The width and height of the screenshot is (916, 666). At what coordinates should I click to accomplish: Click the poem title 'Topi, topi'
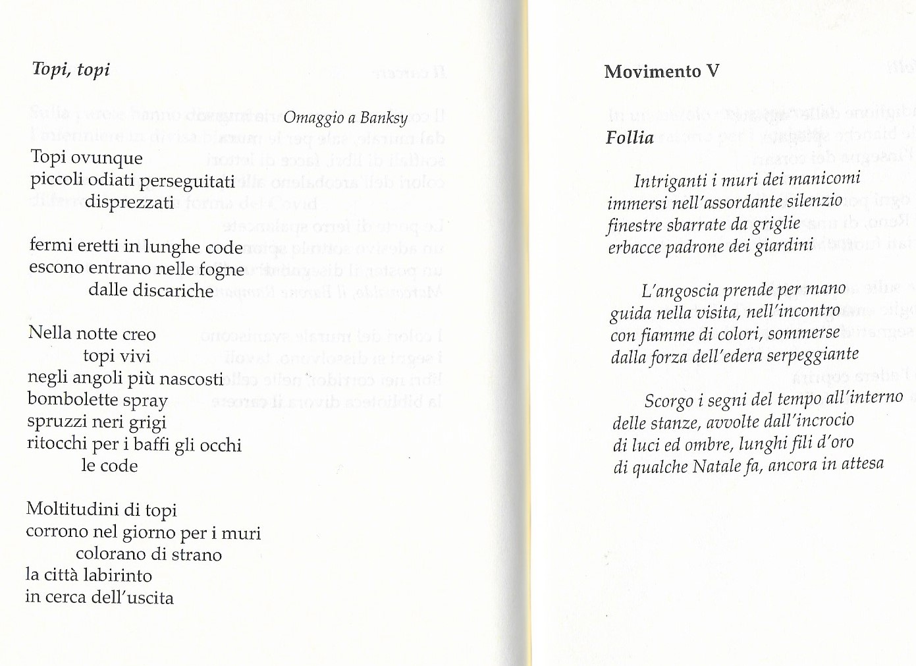(x=71, y=69)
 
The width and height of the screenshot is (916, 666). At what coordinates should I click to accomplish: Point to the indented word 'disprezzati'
(x=129, y=202)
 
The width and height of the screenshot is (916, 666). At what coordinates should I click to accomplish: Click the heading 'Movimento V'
(x=662, y=71)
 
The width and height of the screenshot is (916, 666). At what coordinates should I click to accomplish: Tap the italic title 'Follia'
(x=630, y=138)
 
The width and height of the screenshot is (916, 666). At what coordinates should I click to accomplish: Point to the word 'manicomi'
(x=828, y=179)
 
